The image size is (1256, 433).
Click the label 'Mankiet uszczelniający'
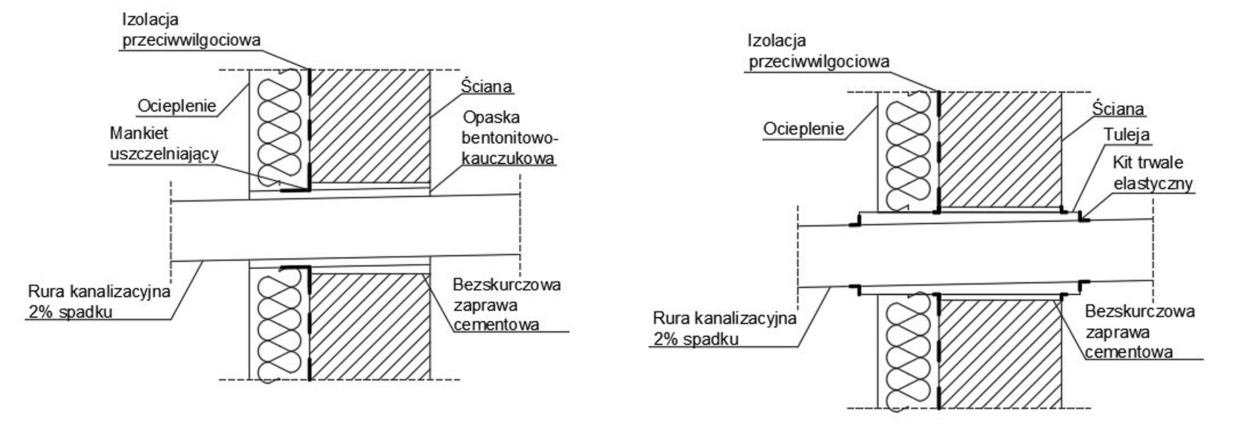(x=164, y=144)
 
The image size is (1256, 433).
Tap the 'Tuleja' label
(x=1126, y=134)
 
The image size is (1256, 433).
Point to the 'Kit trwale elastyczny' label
(x=1152, y=173)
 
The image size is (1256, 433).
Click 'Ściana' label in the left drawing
(x=487, y=86)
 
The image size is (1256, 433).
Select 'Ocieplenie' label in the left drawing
(x=177, y=105)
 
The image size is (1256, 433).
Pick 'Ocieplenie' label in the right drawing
(x=804, y=128)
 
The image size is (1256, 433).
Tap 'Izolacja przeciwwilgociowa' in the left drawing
(x=191, y=30)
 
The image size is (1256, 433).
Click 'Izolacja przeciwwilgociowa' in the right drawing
(x=818, y=51)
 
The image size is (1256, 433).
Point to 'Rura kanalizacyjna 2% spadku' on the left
(x=99, y=302)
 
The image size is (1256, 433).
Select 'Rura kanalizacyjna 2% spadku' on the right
(x=724, y=328)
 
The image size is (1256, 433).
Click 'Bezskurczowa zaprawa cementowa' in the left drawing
(x=506, y=305)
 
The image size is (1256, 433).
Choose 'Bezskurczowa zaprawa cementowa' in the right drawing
(x=1139, y=332)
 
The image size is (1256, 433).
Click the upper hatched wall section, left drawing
(x=370, y=126)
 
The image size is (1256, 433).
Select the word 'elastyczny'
(x=1153, y=183)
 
